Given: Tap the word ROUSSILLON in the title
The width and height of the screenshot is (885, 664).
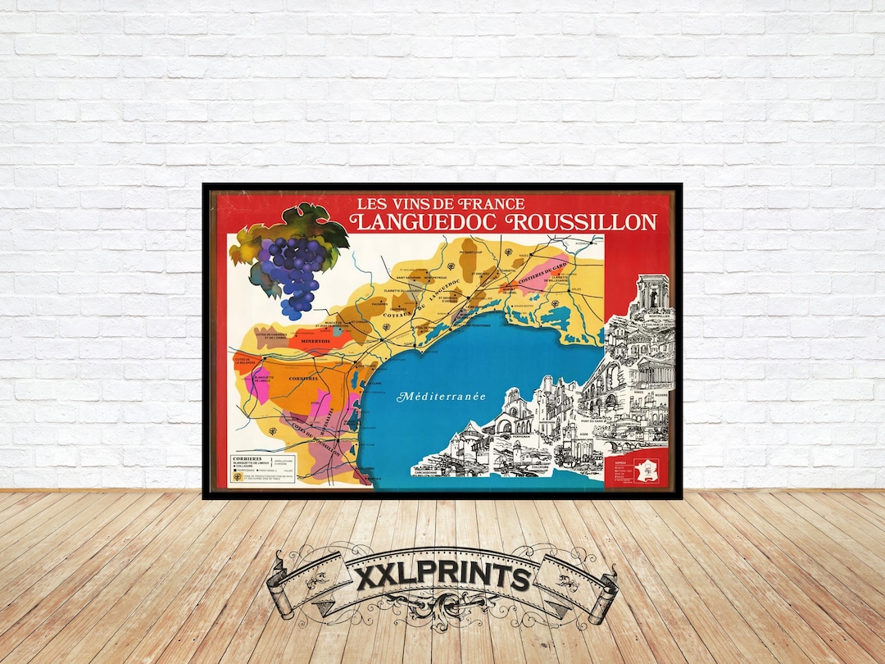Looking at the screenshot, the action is tap(583, 222).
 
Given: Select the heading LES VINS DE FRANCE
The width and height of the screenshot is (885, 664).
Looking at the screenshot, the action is tap(441, 203).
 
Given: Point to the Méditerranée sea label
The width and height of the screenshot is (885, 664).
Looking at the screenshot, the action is tap(442, 397).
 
